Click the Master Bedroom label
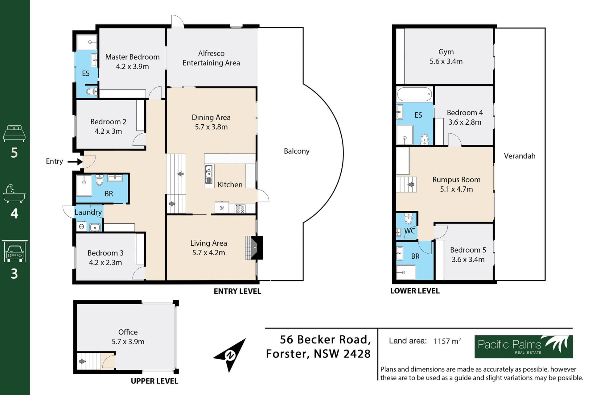coord(132,57)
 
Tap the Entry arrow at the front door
coord(75,161)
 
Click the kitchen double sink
coord(209,174)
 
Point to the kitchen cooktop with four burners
coord(240,209)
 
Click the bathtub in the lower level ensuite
coord(414,94)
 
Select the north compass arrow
coord(230,355)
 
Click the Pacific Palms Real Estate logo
coord(523,347)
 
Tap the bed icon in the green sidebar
coord(14,133)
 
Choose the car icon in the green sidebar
coord(14,251)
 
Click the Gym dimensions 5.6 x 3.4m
coord(446,61)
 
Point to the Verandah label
coord(520,156)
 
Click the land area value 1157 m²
coord(447,341)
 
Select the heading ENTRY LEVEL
coord(237,291)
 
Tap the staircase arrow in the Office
coord(82,361)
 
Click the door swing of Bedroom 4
coord(454,140)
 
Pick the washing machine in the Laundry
coord(81,227)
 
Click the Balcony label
coord(297,151)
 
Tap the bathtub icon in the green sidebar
coord(14,194)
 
